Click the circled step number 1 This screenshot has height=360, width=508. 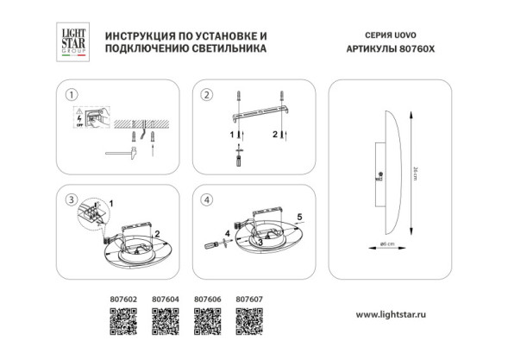click(72, 94)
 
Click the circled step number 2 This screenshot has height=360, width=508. click(206, 94)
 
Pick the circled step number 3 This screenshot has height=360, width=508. click(72, 201)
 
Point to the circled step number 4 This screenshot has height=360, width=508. click(206, 201)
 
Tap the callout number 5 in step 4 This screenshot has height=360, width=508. click(298, 216)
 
